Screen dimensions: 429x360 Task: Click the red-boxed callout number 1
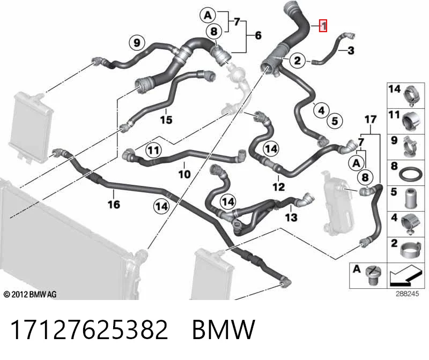[x=323, y=26]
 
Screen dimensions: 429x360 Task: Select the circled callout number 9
[x=137, y=43]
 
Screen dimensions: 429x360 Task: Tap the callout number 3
[x=351, y=50]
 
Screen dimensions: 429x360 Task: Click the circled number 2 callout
[x=298, y=61]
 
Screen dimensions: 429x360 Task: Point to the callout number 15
[x=166, y=119]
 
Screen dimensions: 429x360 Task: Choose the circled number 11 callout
[x=154, y=150]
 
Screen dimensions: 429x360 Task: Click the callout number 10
[x=184, y=174]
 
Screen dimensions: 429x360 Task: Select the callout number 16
[x=114, y=204]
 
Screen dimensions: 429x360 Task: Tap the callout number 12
[x=278, y=187]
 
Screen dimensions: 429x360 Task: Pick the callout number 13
[x=291, y=217]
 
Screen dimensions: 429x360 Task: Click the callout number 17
[x=371, y=119]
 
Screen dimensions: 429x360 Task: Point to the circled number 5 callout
[x=335, y=121]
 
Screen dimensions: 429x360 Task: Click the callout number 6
[x=258, y=35]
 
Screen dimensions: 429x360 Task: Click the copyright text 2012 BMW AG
[x=30, y=295]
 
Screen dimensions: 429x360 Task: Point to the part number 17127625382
[x=89, y=329]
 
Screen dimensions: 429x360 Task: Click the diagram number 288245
[x=407, y=294]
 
